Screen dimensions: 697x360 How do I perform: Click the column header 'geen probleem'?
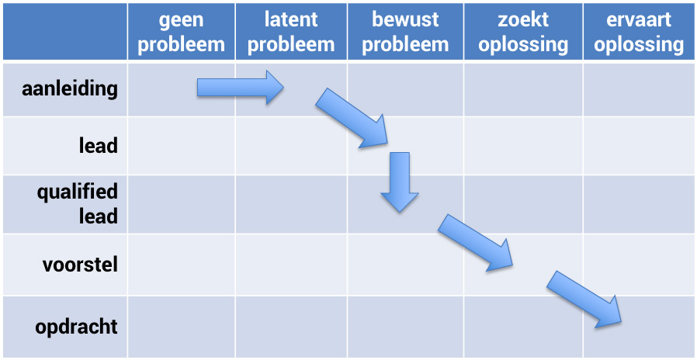click(182, 33)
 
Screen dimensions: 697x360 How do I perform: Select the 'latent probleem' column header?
click(291, 33)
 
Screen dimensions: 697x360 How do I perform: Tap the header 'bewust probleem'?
click(405, 33)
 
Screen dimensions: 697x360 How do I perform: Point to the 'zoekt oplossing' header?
click(523, 33)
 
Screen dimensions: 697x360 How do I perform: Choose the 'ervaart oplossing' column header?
click(639, 33)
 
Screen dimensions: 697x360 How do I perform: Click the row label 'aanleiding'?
click(70, 89)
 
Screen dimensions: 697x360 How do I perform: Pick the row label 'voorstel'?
click(81, 265)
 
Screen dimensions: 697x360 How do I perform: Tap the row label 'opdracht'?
click(77, 327)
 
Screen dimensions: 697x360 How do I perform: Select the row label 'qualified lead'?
click(78, 205)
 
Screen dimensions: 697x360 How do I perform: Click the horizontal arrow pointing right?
click(241, 87)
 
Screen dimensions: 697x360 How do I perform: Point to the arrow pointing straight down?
click(399, 182)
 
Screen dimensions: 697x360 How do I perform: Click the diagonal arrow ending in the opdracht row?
click(584, 299)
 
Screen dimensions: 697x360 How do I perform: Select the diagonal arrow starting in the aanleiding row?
click(352, 118)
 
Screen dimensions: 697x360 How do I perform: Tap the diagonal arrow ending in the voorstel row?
click(475, 243)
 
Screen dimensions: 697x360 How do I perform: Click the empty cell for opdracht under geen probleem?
click(182, 327)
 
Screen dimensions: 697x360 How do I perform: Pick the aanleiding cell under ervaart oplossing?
click(639, 90)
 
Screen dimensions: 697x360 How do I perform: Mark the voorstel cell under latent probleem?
click(291, 265)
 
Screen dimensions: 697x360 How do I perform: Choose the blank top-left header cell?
click(65, 32)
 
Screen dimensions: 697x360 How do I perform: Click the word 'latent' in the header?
click(291, 20)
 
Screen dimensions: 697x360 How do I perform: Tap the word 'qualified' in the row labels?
click(78, 193)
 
